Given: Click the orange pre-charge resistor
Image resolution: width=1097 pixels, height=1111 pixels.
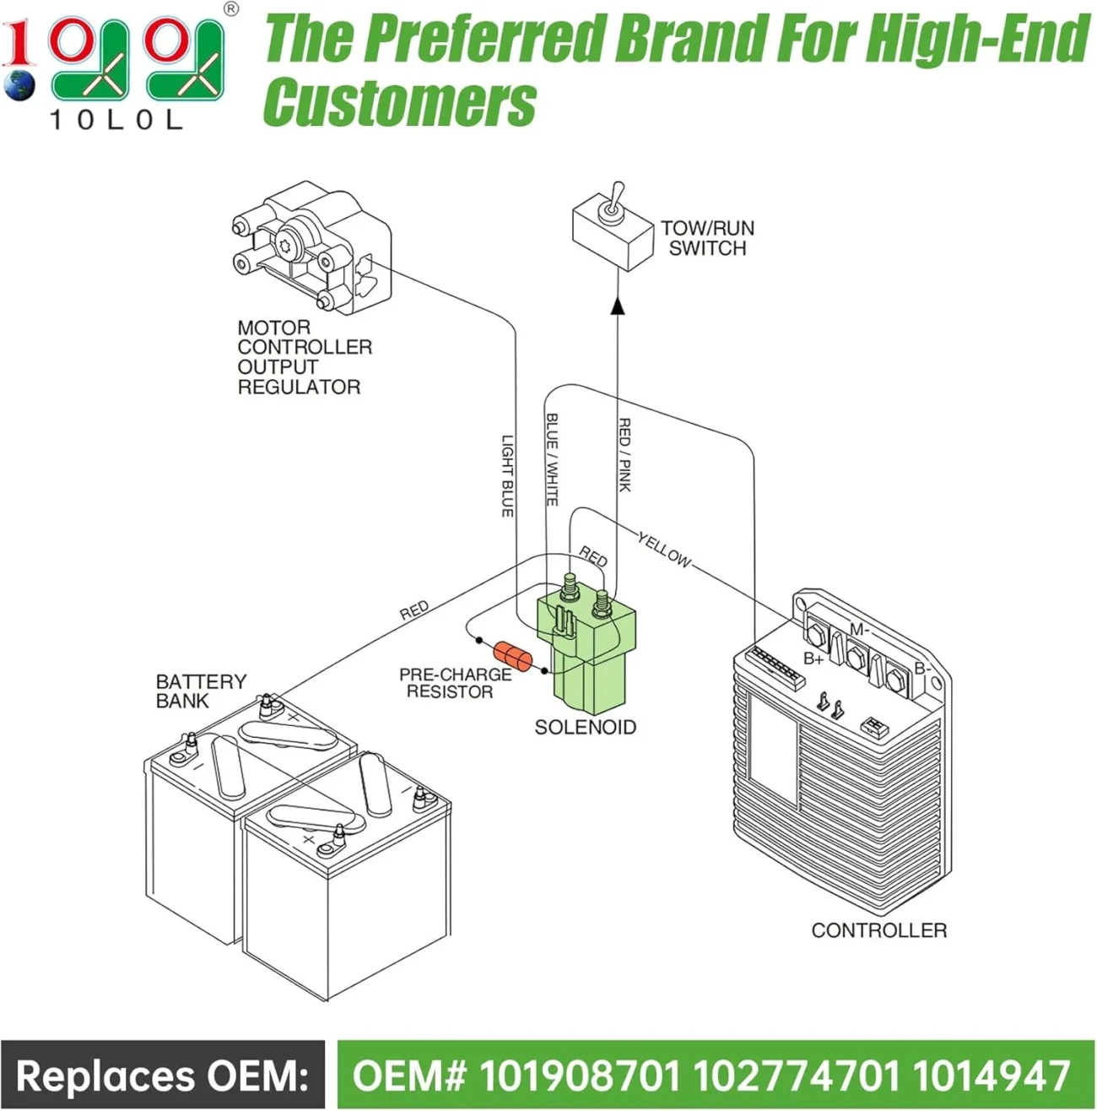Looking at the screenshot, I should pyautogui.click(x=513, y=656).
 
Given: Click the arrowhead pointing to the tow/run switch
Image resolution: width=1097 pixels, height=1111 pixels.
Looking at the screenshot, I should pyautogui.click(x=618, y=304).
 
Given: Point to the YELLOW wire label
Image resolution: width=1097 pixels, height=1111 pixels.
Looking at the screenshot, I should pyautogui.click(x=664, y=550).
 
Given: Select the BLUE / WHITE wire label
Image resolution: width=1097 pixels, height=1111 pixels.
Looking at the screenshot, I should pyautogui.click(x=552, y=459).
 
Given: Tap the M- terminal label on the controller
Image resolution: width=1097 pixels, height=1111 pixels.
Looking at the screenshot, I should pyautogui.click(x=859, y=629).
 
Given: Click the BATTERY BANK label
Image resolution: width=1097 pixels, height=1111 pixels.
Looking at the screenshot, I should pyautogui.click(x=201, y=691).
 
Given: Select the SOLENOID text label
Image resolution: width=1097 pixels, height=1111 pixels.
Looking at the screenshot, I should pyautogui.click(x=585, y=727).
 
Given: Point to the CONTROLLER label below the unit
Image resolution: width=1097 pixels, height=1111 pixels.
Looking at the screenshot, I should pyautogui.click(x=878, y=930).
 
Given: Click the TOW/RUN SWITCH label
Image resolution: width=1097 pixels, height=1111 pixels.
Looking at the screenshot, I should pyautogui.click(x=707, y=238).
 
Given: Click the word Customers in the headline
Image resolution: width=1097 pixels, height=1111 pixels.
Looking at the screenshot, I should pyautogui.click(x=399, y=102).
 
